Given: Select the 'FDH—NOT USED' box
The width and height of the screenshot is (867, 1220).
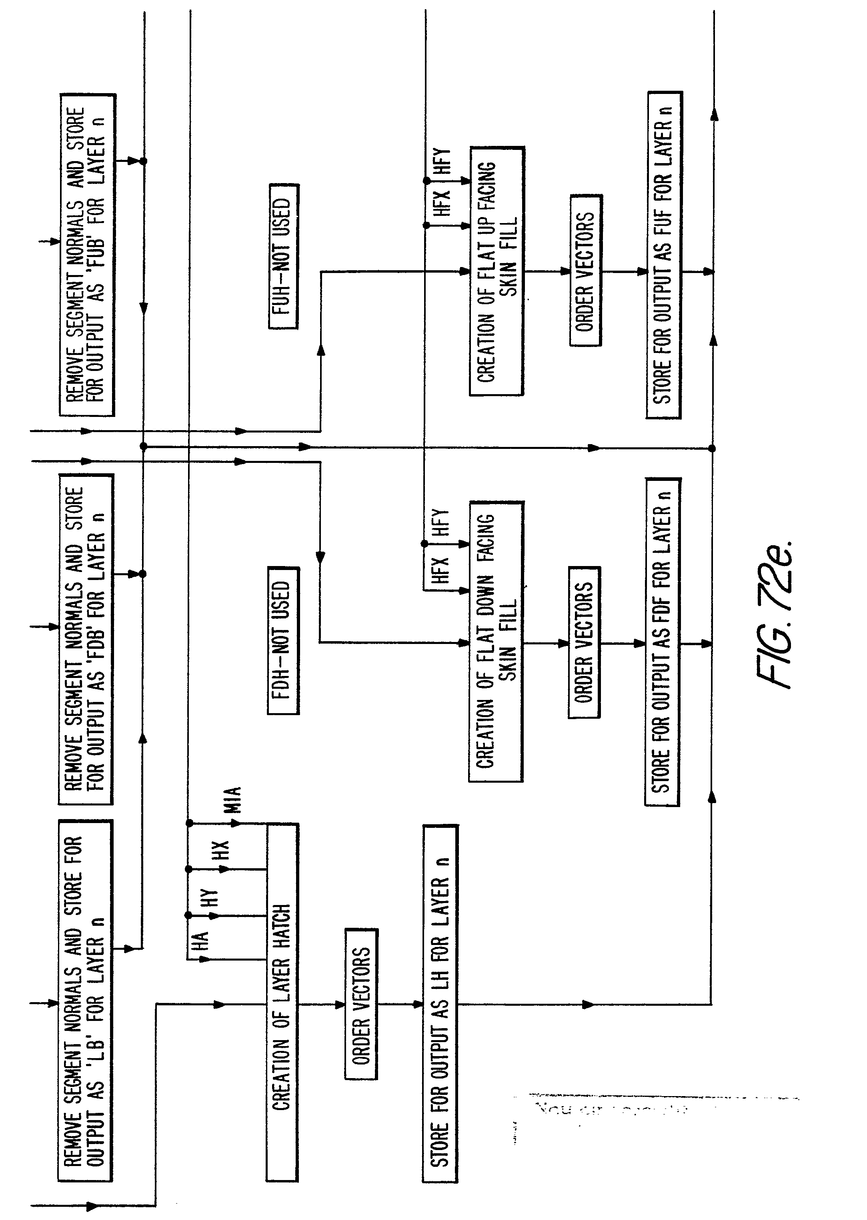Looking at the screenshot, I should (x=283, y=640).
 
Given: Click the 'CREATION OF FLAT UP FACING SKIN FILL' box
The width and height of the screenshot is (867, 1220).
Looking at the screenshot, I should (x=497, y=271).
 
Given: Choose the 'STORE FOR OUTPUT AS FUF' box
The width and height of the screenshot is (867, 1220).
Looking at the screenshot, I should (x=664, y=255).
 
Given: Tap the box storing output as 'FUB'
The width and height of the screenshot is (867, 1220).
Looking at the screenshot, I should (x=86, y=255).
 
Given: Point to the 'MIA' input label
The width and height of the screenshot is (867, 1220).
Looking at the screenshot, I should (x=233, y=800).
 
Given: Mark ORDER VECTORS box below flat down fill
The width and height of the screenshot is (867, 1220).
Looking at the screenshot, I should (x=584, y=642).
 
